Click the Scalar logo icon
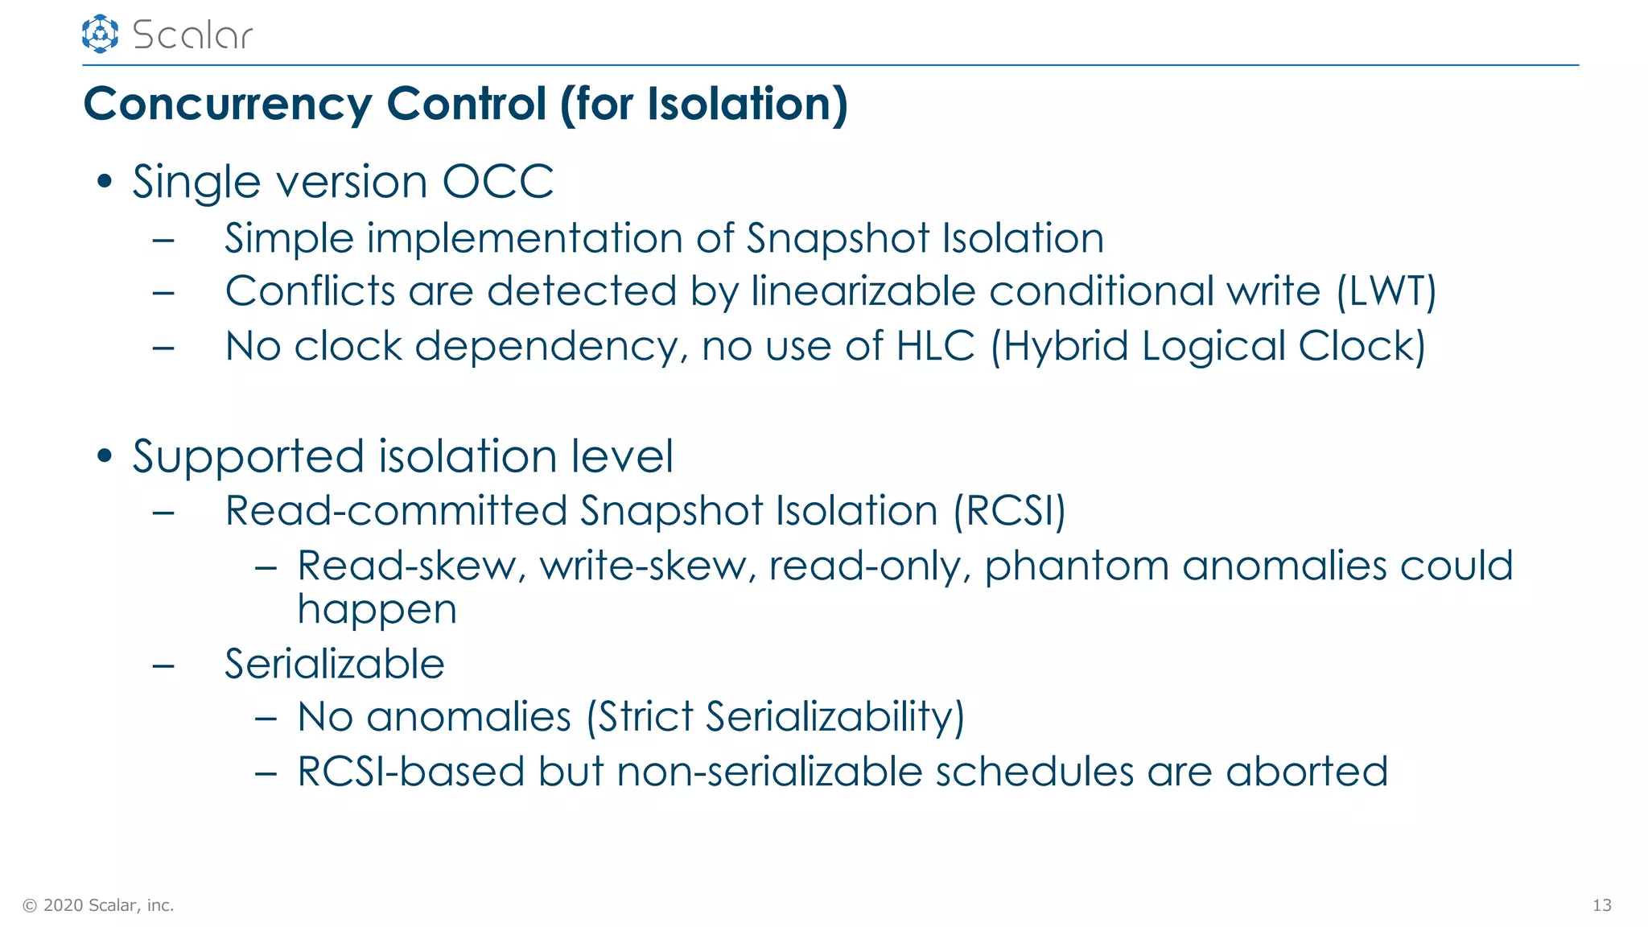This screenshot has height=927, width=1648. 100,34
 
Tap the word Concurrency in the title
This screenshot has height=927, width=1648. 227,105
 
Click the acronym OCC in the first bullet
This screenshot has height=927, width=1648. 498,182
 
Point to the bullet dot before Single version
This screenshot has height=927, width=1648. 105,182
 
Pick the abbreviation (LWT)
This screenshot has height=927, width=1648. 1386,291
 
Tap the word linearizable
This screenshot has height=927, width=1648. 863,291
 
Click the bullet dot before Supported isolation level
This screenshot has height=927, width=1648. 105,456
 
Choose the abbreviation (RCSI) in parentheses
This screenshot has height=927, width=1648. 1009,511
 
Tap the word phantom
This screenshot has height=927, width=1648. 1077,566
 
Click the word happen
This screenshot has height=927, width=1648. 377,610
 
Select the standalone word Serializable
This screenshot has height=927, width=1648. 334,665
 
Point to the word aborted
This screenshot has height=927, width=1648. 1307,772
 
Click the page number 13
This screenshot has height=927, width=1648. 1601,905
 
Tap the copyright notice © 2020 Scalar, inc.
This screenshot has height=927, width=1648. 98,905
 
